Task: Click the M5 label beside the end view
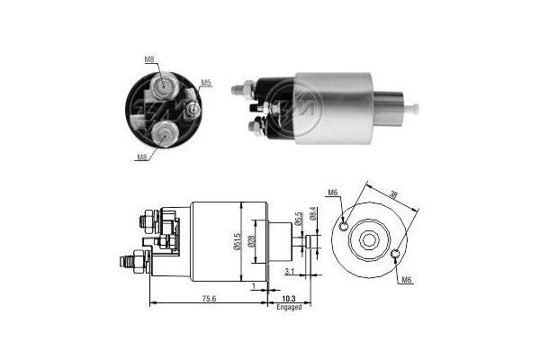click(206, 84)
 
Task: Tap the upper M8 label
click(149, 60)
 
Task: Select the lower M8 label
click(141, 157)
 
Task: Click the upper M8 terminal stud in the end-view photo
click(166, 87)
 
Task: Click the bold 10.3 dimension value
click(288, 298)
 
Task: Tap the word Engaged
click(288, 307)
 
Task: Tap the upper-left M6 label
click(332, 193)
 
